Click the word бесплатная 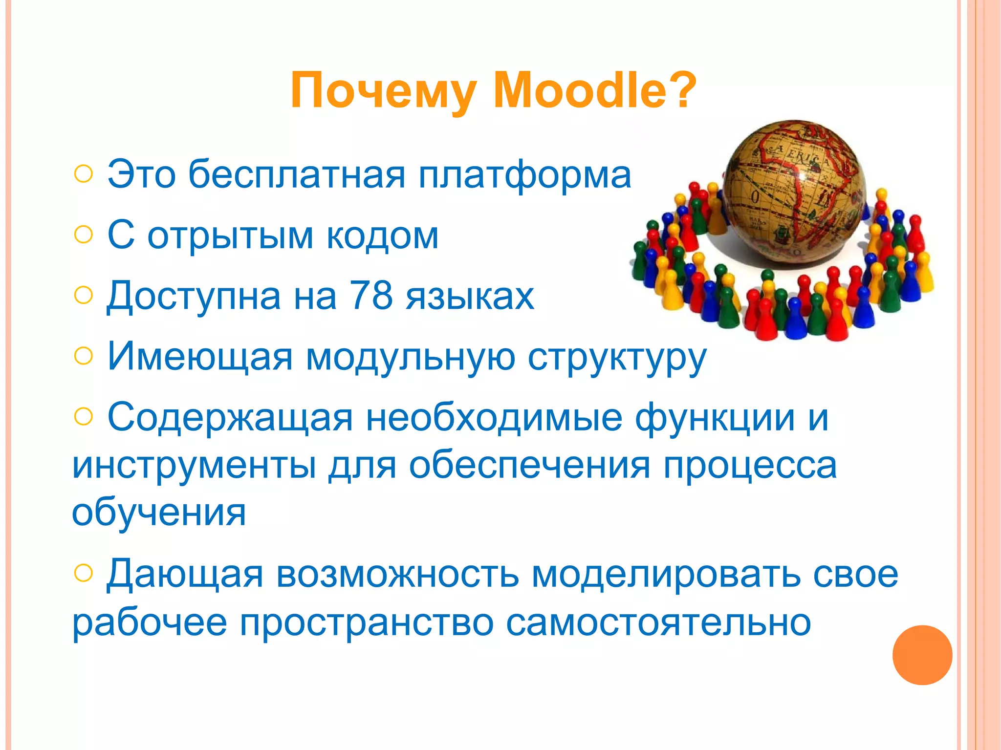[x=297, y=174]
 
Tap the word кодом [x=382, y=236]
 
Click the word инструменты [x=194, y=466]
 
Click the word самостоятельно [x=658, y=623]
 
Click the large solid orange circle [x=922, y=655]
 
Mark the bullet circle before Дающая [x=84, y=573]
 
